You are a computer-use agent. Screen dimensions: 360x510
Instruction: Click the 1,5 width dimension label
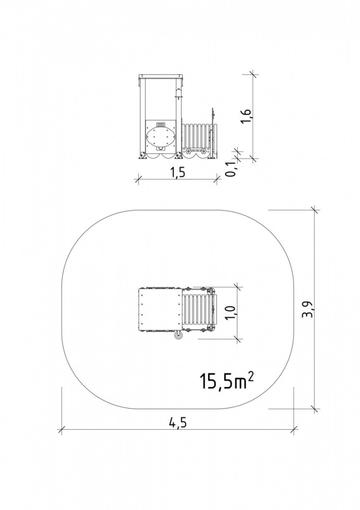pos(177,172)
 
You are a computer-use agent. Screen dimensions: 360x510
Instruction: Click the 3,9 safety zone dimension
pos(309,309)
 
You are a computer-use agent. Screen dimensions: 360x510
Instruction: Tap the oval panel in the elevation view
pos(161,137)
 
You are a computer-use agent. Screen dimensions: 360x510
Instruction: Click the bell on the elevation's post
pos(177,93)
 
